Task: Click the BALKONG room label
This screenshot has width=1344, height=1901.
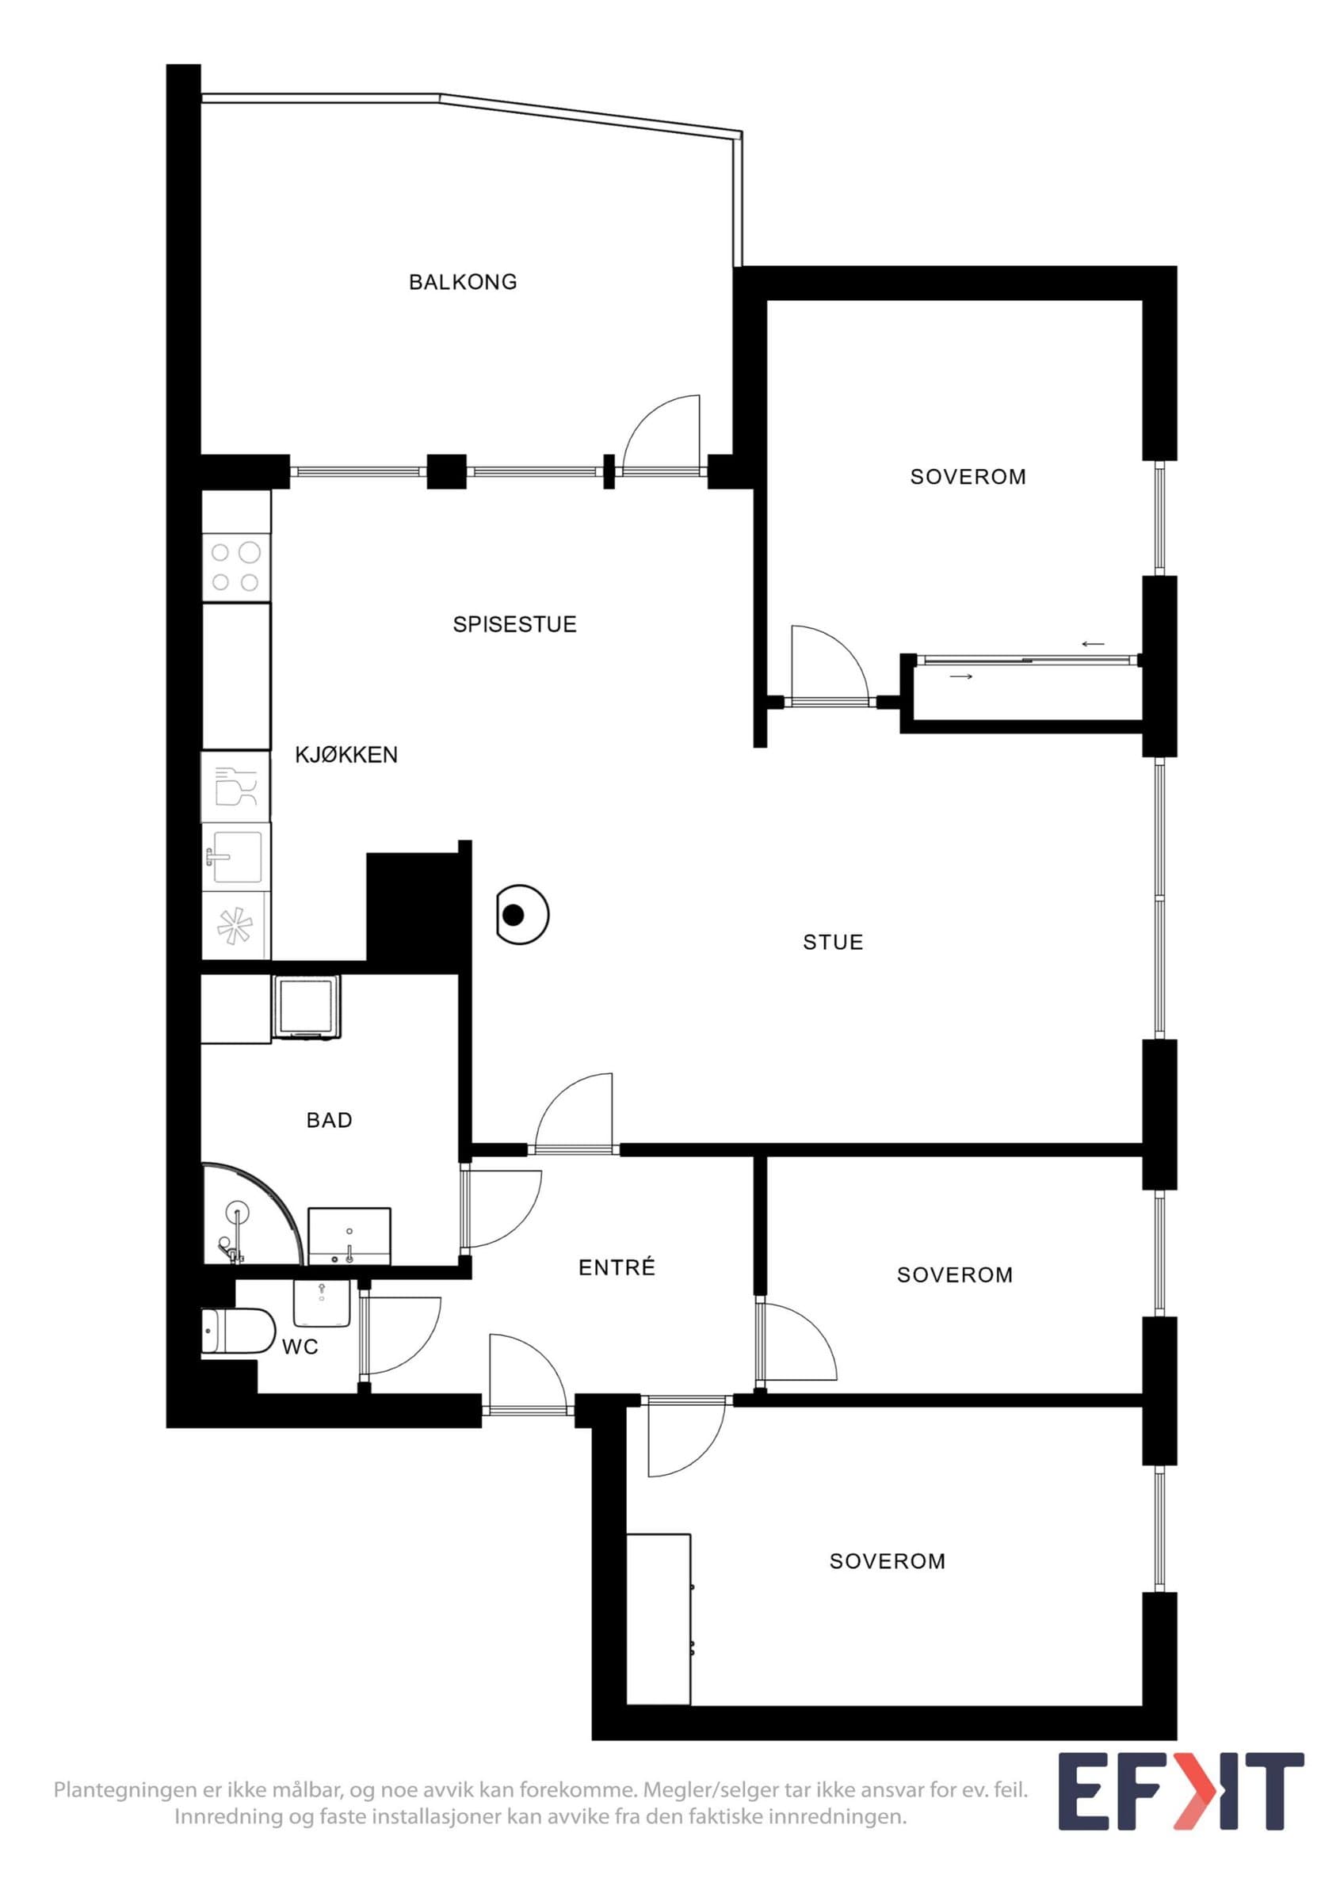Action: pyautogui.click(x=463, y=282)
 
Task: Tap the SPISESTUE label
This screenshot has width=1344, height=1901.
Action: pyautogui.click(x=514, y=624)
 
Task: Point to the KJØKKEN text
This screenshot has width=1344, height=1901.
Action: pyautogui.click(x=346, y=754)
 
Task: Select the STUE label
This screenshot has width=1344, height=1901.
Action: pyautogui.click(x=833, y=943)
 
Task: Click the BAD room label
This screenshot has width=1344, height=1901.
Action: pyautogui.click(x=330, y=1120)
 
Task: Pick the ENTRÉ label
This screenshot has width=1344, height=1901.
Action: pyautogui.click(x=617, y=1267)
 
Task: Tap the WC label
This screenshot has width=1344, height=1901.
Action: pyautogui.click(x=300, y=1347)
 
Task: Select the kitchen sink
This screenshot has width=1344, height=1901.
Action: pyautogui.click(x=236, y=857)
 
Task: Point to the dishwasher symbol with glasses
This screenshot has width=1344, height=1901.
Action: pyautogui.click(x=236, y=787)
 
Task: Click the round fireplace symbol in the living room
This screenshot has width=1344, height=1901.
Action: pyautogui.click(x=522, y=915)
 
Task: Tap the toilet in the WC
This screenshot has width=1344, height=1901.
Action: pyautogui.click(x=239, y=1332)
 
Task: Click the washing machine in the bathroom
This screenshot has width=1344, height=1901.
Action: pyautogui.click(x=307, y=1007)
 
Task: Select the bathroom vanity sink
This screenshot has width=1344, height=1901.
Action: pyautogui.click(x=349, y=1236)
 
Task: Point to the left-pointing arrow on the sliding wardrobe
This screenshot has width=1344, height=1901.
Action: pyautogui.click(x=1093, y=644)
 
